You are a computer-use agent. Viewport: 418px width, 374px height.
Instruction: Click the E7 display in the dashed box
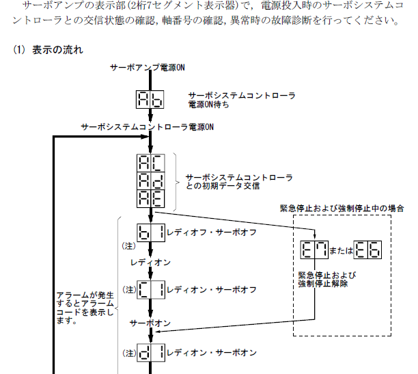(311, 250)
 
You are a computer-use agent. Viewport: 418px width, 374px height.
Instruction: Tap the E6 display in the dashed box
(368, 250)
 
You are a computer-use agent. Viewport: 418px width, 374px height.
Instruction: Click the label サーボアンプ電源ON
(148, 67)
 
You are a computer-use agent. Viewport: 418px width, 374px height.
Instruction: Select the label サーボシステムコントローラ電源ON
(148, 127)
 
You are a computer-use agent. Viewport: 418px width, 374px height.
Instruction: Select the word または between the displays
(339, 251)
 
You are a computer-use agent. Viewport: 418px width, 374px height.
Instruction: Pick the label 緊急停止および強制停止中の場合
(342, 208)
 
